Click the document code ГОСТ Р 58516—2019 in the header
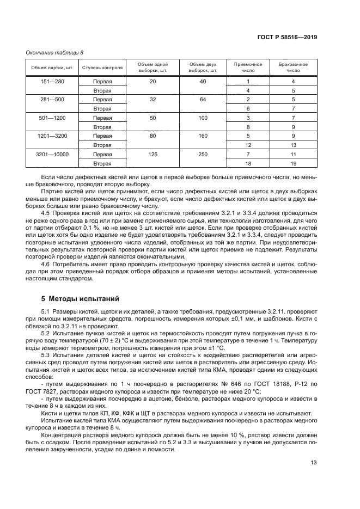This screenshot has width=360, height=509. click(x=287, y=38)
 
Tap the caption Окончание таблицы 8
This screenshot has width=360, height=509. click(x=54, y=53)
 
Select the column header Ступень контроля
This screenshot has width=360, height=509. click(x=102, y=68)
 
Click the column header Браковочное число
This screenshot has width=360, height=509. click(x=293, y=68)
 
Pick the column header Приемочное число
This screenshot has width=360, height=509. click(x=248, y=68)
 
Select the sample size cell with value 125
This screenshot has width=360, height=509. click(x=152, y=154)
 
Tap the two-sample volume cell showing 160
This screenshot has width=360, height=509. click(x=203, y=136)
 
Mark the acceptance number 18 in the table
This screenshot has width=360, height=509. click(x=248, y=163)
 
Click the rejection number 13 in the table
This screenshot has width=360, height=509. click(x=293, y=145)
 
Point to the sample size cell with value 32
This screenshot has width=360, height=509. click(x=152, y=100)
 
